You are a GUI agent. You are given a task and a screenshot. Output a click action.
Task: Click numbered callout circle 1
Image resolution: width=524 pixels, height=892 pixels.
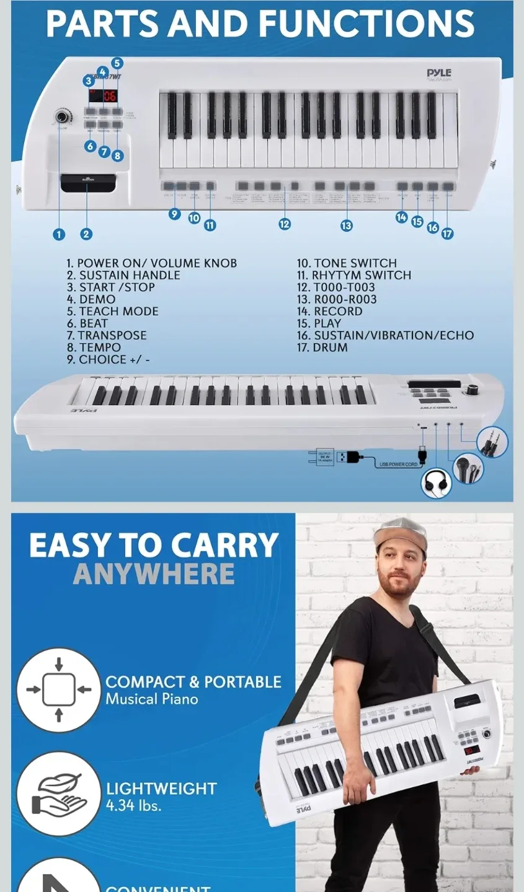[59, 234]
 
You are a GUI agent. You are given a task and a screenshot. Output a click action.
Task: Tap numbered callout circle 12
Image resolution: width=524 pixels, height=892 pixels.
[285, 224]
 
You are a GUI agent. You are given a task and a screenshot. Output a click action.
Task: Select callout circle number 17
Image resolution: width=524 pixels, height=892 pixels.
[447, 234]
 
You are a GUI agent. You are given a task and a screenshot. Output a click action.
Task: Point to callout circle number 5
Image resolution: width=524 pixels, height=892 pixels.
[117, 63]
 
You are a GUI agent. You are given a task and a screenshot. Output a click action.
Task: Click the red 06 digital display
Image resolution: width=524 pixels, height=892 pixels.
[110, 95]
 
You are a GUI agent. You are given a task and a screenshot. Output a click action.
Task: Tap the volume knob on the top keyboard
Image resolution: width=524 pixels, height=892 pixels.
[62, 116]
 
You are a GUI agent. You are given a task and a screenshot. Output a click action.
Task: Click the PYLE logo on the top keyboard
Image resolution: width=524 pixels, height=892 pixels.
[438, 73]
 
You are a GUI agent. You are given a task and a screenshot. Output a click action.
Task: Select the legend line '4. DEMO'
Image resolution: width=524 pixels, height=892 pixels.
[91, 299]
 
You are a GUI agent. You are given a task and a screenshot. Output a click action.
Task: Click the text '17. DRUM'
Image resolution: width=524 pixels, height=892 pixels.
[322, 348]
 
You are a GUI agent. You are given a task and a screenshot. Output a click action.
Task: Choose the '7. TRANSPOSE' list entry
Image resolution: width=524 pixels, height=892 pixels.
[107, 336]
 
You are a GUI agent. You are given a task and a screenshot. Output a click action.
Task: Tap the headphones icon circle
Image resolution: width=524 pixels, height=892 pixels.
[436, 483]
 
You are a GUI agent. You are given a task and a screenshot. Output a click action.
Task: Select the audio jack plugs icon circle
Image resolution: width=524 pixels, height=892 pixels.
[493, 443]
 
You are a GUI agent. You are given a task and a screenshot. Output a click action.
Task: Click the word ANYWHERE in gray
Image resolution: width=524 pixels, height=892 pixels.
[154, 574]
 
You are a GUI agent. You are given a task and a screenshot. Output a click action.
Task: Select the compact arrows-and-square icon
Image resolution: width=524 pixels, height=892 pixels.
[58, 689]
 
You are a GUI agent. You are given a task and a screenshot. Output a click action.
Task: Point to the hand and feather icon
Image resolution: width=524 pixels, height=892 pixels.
[58, 794]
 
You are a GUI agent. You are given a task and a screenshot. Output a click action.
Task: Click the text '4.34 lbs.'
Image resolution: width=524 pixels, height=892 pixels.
[133, 806]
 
